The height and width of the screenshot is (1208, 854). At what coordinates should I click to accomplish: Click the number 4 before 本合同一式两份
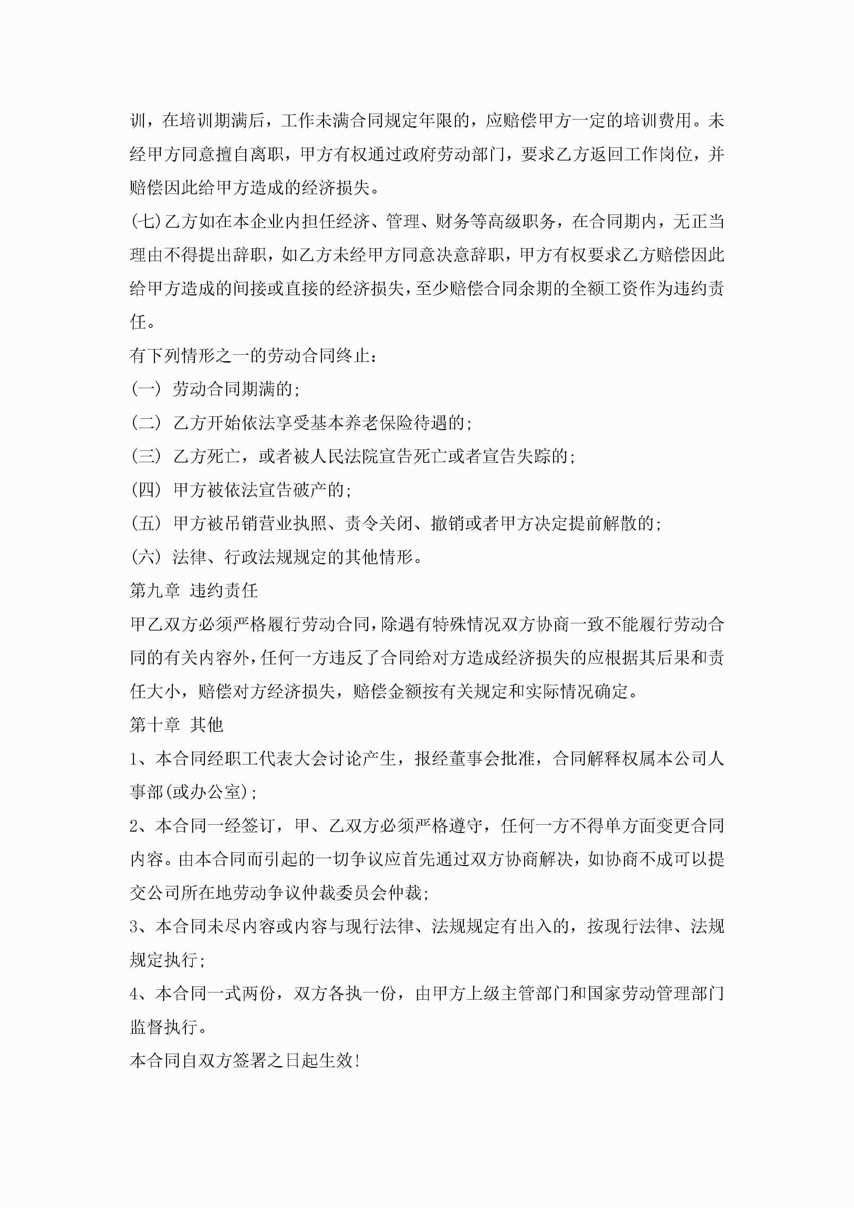[x=134, y=994]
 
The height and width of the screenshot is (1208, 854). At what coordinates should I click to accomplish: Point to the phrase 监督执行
[x=163, y=1027]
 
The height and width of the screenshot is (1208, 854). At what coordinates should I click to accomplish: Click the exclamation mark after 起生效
[x=358, y=1061]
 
